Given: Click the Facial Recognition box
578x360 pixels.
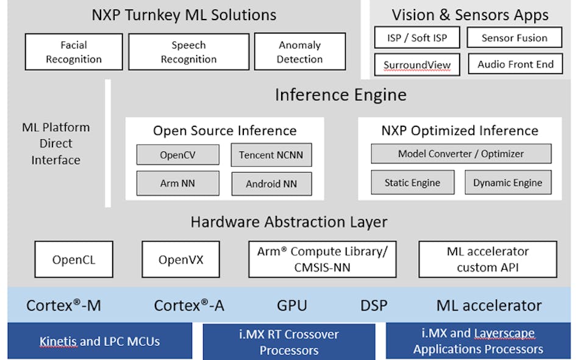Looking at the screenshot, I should tap(74, 52).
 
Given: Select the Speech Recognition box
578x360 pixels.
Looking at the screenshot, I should tap(188, 52).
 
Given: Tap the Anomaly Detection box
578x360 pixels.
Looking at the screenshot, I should tap(299, 52).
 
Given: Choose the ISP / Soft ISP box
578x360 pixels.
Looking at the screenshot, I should tap(417, 38).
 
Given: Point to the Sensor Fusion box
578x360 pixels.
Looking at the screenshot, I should tap(515, 38).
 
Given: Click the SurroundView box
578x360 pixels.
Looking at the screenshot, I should tap(417, 64).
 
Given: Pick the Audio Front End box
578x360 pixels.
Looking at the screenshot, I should tap(515, 64).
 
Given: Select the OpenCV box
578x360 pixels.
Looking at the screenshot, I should tap(177, 154).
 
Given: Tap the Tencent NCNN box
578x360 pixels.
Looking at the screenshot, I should tap(271, 154).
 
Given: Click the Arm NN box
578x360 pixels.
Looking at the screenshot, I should tap(177, 182).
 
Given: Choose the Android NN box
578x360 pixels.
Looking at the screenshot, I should tap(271, 183).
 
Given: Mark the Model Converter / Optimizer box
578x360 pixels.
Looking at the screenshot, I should tap(461, 154).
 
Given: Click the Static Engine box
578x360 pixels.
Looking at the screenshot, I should tap(413, 182).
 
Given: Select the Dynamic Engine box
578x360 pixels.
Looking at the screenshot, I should tap(507, 182).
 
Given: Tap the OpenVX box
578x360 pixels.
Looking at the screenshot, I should tap(180, 260).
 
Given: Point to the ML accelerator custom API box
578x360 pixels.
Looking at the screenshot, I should tap(487, 259).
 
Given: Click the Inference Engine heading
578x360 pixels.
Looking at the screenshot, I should tap(340, 95).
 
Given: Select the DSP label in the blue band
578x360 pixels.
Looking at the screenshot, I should tap(373, 305).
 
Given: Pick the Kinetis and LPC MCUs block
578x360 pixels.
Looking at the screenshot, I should tap(99, 340).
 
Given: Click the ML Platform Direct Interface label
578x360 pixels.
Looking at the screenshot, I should tap(55, 143).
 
